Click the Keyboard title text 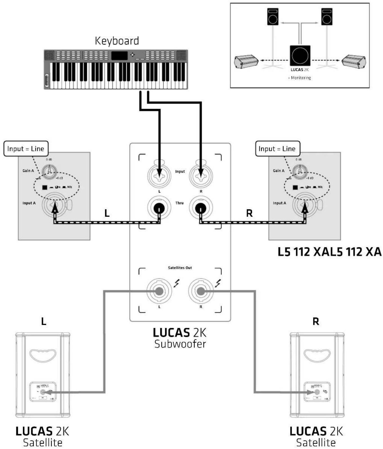click(x=117, y=41)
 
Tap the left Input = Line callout click(x=26, y=149)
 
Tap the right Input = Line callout click(x=277, y=149)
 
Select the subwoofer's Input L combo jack click(x=159, y=175)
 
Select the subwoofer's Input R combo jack click(x=201, y=175)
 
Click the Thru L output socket click(x=159, y=208)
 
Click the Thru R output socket click(x=201, y=208)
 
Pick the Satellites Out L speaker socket click(x=159, y=291)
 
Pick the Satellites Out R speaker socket click(x=201, y=291)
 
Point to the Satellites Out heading click(x=180, y=268)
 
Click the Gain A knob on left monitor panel click(x=49, y=170)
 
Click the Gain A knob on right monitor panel click(x=299, y=170)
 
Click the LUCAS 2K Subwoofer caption click(x=180, y=338)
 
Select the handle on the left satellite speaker click(x=43, y=355)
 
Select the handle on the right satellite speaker click(x=317, y=355)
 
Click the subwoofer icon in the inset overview click(x=300, y=56)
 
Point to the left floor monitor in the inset click(x=246, y=61)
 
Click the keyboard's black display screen click(x=119, y=55)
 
